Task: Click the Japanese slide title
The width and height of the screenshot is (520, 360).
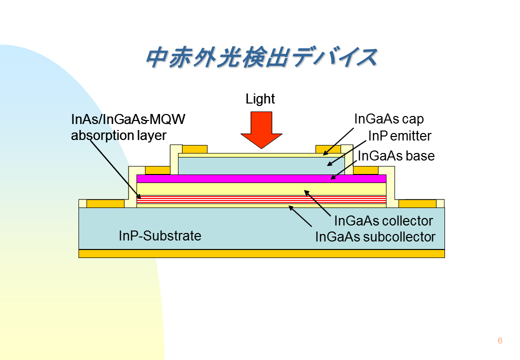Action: [261, 57]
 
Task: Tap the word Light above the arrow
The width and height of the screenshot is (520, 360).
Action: [260, 99]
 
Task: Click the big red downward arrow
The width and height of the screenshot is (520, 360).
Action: [261, 130]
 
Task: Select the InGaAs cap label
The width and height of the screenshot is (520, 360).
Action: [389, 118]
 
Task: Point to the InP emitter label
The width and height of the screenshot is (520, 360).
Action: [399, 135]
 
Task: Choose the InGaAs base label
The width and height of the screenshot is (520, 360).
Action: [396, 156]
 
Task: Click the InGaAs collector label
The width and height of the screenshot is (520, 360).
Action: [383, 221]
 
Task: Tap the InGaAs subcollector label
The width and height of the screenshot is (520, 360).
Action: [375, 236]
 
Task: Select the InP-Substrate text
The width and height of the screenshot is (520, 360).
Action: [160, 235]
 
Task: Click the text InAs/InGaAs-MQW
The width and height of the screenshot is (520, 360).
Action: [128, 119]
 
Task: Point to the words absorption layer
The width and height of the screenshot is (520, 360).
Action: [118, 135]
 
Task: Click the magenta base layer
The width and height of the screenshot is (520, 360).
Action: [261, 178]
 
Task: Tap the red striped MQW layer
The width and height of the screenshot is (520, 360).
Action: [261, 199]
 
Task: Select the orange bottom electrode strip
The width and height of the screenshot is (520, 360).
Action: [261, 253]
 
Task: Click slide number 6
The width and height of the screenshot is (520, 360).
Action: [500, 340]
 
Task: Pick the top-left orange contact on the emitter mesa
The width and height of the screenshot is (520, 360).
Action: [194, 149]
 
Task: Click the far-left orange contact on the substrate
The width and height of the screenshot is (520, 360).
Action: [105, 203]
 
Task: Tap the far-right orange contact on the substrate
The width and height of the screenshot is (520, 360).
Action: [417, 203]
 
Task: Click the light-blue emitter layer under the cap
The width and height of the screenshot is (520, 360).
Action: [261, 165]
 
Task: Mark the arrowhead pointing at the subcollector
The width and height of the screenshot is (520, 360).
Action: [290, 207]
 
